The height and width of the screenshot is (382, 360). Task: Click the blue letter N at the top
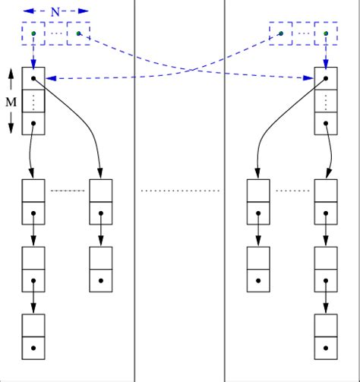[x=55, y=11]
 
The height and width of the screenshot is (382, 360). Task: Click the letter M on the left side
[x=11, y=101]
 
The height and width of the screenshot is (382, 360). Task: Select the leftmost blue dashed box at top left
[x=33, y=34]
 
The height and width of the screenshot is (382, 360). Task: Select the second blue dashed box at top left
[x=78, y=34]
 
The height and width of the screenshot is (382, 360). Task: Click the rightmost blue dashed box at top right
[x=326, y=34]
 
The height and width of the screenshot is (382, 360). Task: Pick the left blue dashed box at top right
[x=281, y=34]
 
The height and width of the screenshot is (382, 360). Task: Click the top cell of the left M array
[x=33, y=78]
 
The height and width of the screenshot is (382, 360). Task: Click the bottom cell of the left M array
[x=33, y=123]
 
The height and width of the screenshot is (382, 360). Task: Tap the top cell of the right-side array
[x=326, y=78]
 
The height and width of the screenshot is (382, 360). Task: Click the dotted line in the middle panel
[x=180, y=191]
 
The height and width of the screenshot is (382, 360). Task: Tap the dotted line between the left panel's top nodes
[x=67, y=191]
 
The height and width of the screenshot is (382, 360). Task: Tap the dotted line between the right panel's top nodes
[x=292, y=191]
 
